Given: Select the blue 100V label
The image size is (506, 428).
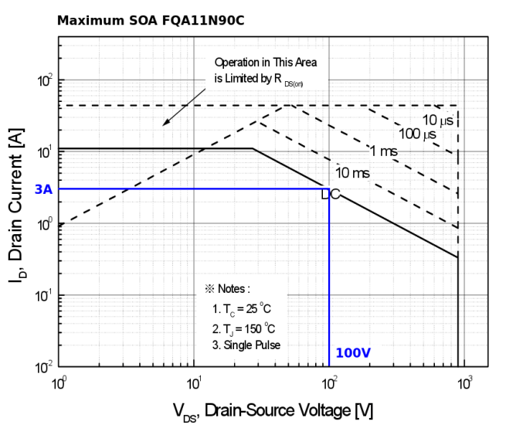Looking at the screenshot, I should tap(353, 353).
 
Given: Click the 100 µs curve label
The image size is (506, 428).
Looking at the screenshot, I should tap(418, 134).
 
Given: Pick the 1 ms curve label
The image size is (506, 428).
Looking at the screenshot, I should tap(383, 151).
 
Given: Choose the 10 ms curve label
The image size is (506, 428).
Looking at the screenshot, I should tap(351, 172).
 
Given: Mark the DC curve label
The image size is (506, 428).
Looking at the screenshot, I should tap(330, 194).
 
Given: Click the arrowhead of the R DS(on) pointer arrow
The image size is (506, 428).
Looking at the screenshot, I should tap(163, 123).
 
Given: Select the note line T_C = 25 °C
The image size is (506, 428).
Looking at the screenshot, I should tap(243, 309).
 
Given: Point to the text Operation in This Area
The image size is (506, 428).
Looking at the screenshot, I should tap(265, 62).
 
